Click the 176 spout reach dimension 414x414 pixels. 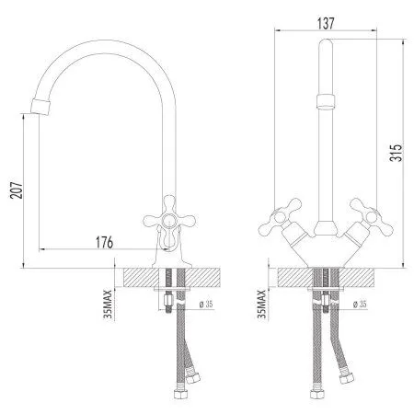point(104,243)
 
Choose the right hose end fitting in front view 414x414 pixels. point(347,376)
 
